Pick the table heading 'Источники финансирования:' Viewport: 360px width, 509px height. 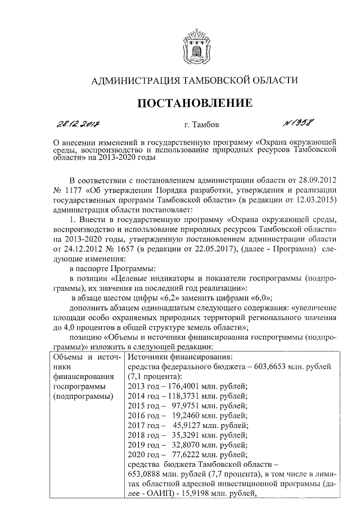[x=177, y=356]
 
